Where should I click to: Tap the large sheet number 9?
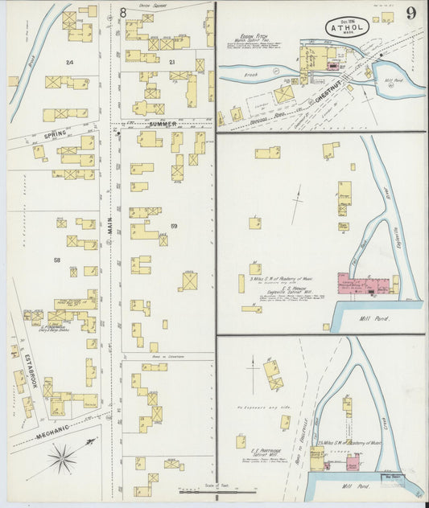[411, 13]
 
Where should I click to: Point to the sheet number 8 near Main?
[123, 12]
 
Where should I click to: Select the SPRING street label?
[55, 134]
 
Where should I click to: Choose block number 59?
[173, 227]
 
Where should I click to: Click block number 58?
[56, 260]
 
